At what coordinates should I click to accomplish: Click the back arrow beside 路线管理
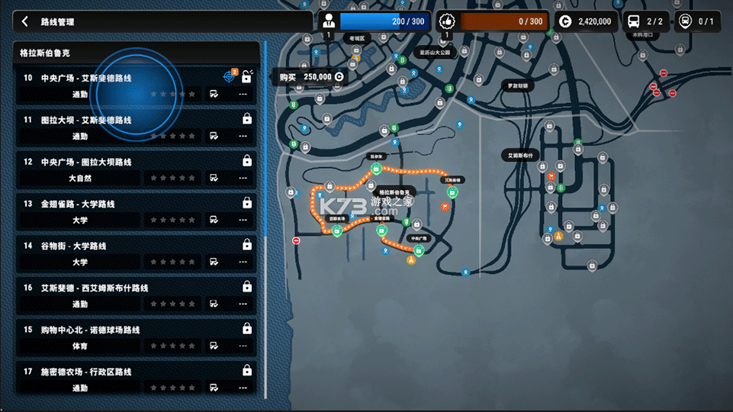coord(25,22)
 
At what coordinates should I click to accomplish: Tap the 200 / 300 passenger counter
coord(385,21)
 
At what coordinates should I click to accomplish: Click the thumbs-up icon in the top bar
coord(447,21)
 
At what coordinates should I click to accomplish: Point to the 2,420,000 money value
coord(594,21)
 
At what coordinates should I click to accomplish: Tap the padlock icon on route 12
coord(246,161)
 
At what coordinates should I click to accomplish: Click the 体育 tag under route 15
coord(80,346)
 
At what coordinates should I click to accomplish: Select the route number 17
coord(27,372)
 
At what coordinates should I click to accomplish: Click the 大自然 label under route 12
coord(80,178)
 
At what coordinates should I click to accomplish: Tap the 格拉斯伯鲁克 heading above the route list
coord(46,53)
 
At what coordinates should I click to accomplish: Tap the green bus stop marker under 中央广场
coord(419,251)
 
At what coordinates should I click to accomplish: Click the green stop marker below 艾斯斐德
coord(452,192)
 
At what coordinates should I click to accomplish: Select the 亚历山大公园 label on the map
coord(436,53)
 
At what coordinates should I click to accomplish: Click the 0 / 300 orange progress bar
coord(503,21)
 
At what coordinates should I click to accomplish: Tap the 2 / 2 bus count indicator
coord(645,21)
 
